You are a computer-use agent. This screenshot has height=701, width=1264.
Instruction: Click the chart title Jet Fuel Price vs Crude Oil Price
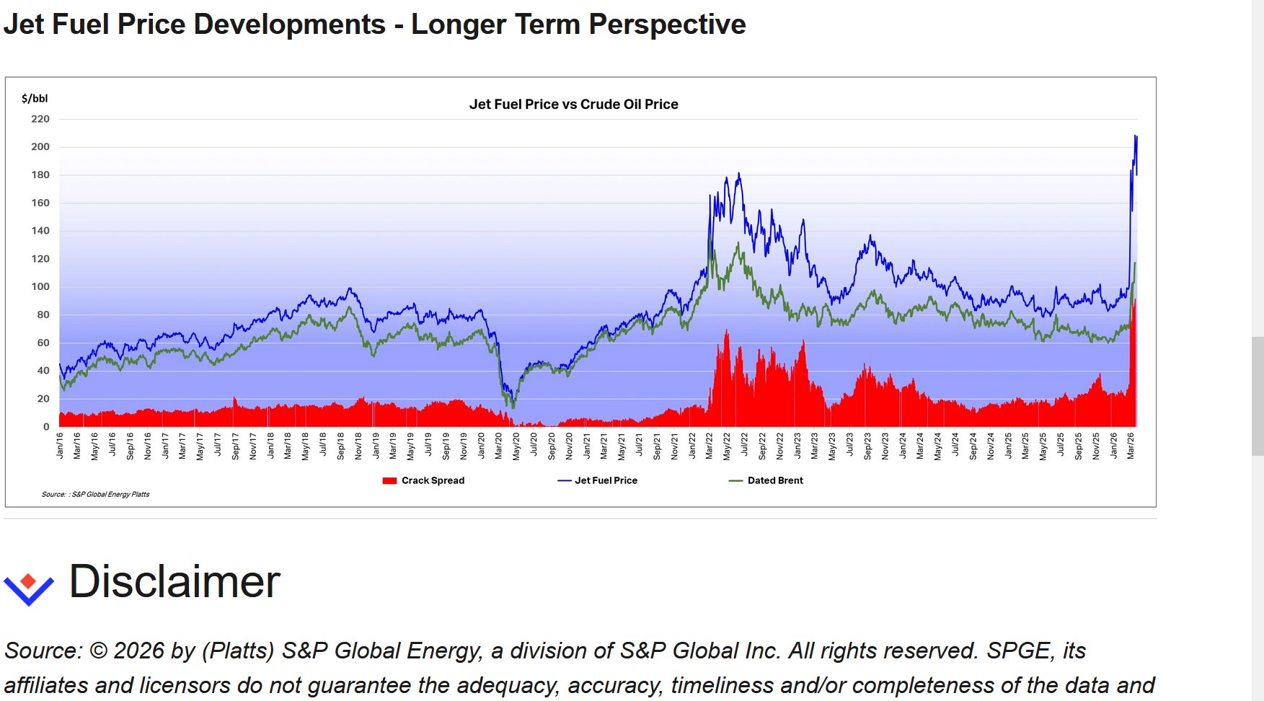573,105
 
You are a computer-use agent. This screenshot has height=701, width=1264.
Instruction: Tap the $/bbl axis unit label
35,99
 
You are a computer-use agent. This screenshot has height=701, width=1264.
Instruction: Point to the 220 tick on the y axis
40,119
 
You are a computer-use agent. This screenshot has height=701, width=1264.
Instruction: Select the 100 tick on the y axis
40,287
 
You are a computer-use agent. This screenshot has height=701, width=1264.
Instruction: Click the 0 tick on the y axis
46,427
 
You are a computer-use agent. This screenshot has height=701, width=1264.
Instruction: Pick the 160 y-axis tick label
40,203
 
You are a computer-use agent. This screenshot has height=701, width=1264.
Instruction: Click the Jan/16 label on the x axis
60,446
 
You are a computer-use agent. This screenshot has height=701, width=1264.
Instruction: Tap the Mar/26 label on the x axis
1131,446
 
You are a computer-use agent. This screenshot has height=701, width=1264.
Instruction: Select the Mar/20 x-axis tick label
499,446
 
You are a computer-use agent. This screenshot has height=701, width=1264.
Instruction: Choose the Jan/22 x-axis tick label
692,446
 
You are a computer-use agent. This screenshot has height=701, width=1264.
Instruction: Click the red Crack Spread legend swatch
389,481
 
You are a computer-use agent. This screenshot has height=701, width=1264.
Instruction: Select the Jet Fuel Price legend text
606,481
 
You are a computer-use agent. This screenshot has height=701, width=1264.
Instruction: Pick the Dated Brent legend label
775,481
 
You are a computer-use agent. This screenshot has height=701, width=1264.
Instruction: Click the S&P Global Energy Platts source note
96,495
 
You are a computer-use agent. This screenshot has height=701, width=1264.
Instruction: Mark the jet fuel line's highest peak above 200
1136,136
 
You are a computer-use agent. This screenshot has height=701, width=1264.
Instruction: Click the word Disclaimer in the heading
174,582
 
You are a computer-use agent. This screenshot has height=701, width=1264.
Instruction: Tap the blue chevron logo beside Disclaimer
29,588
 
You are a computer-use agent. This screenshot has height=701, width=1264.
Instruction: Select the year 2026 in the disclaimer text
139,651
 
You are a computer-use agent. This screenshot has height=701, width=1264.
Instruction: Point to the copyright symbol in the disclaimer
99,651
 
